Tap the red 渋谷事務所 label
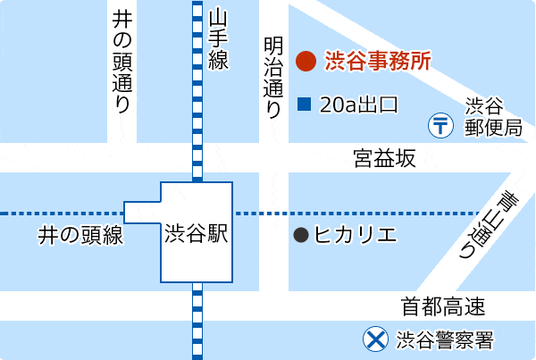[x=378, y=61]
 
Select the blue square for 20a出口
[x=304, y=105]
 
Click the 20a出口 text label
[x=358, y=105]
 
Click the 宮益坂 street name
[x=384, y=159]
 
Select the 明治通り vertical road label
[x=273, y=77]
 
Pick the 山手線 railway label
[x=219, y=39]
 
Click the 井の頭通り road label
[x=122, y=61]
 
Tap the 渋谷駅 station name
[x=197, y=234]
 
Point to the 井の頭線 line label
[x=80, y=236]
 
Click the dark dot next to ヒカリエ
[x=301, y=235]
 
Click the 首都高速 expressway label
[x=443, y=308]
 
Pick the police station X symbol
[x=374, y=339]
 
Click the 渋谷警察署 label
[x=444, y=339]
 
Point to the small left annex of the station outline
[x=141, y=213]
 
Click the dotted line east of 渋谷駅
[x=357, y=213]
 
